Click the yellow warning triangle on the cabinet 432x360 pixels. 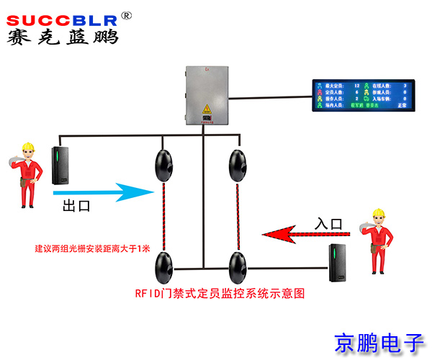point(207,110)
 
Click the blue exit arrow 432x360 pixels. point(101,192)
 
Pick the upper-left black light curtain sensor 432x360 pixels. point(163,165)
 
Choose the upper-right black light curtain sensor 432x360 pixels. point(235,165)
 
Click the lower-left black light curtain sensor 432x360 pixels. point(163,267)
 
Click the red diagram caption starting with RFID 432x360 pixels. point(220,294)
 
